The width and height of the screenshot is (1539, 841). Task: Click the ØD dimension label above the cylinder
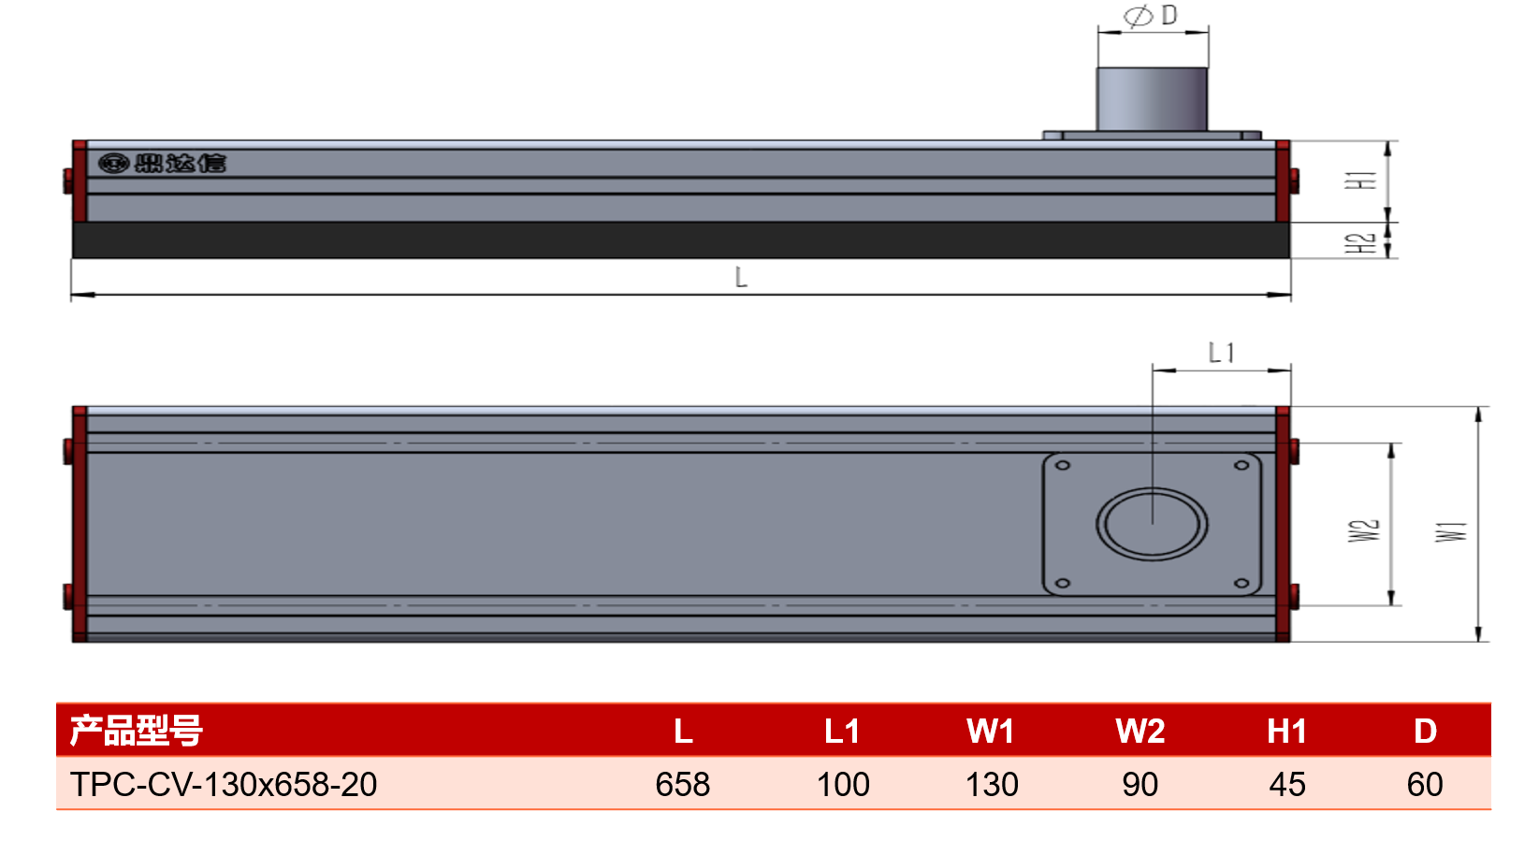pos(1151,16)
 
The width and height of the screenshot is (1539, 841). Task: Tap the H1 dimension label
pos(1361,180)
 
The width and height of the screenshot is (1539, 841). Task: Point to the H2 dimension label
pos(1360,242)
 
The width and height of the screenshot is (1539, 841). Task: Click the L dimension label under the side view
pos(741,278)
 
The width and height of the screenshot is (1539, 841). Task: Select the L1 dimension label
pos(1222,354)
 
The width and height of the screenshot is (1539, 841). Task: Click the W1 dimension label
pos(1451,531)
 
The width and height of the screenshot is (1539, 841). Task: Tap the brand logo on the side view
pos(162,164)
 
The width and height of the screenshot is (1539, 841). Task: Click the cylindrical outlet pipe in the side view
pos(1152,99)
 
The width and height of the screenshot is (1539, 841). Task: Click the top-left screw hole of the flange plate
pos(1062,465)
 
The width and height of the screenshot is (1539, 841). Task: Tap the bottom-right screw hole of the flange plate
pos(1241,584)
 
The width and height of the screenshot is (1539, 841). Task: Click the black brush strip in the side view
pos(681,239)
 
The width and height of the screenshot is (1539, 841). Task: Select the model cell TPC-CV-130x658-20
pos(224,784)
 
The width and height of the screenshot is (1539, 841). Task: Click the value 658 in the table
pos(682,784)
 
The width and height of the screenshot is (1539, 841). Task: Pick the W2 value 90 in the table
pos(1140,784)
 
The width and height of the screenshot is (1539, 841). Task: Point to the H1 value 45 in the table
pos(1286,784)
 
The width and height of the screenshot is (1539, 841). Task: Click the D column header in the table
pos(1425,731)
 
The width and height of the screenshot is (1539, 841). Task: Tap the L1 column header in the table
pos(842,731)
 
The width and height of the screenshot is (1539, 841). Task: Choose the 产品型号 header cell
pos(136,731)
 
